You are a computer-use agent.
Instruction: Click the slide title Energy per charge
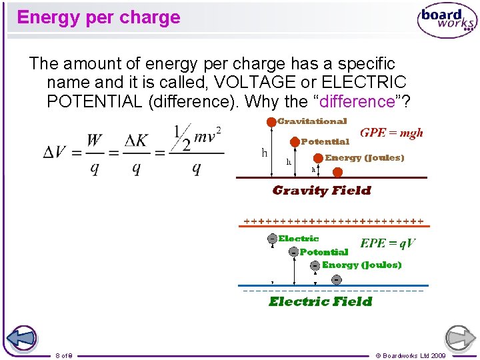click(x=99, y=17)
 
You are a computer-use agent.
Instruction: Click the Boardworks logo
click(x=447, y=20)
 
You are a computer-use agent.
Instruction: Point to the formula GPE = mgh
click(x=391, y=133)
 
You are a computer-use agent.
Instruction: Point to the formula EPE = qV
click(x=387, y=243)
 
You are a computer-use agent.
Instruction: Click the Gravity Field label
click(x=321, y=191)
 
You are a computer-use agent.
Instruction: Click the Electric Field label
click(x=320, y=301)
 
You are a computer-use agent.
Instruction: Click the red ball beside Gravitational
click(x=271, y=122)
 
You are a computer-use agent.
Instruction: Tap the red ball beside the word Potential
click(x=293, y=141)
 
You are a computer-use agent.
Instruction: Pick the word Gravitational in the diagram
click(x=312, y=121)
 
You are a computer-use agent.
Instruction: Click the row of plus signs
click(x=333, y=221)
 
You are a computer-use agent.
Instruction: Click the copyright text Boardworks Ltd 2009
click(x=411, y=355)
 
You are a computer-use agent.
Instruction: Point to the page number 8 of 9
click(x=64, y=355)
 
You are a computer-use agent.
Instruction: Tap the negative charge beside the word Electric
click(x=272, y=239)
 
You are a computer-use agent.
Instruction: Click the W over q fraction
click(x=94, y=153)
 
